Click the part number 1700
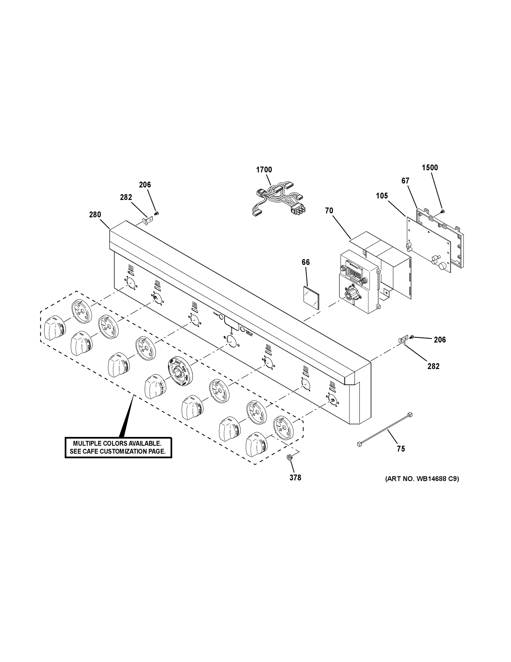coord(264,170)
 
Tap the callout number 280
coord(95,215)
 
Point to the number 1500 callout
coord(430,168)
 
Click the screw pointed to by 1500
coord(443,211)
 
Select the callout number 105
coord(382,196)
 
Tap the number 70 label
coord(329,210)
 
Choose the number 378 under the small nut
coord(295,478)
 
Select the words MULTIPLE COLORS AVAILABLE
coord(117,444)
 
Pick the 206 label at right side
coord(440,340)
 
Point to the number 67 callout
coord(405,181)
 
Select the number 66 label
coord(306,262)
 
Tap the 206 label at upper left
coord(145,185)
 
